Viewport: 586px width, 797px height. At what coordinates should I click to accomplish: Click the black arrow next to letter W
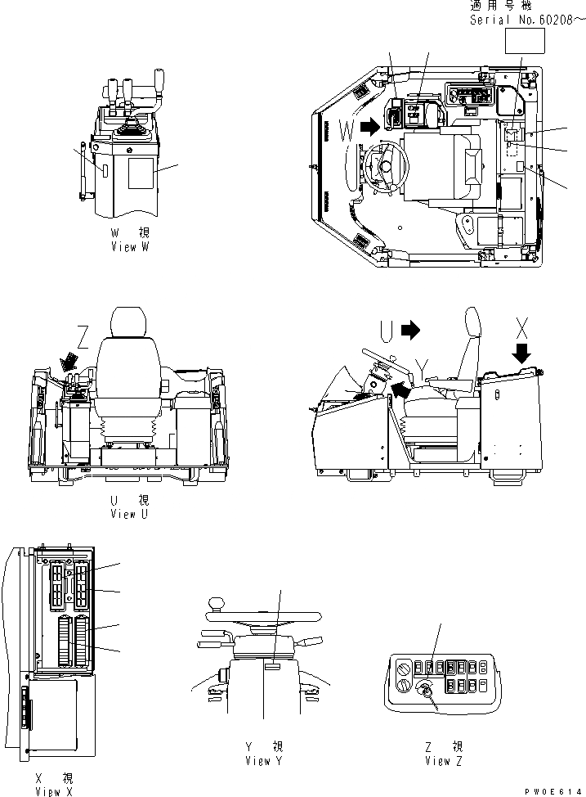pos(370,125)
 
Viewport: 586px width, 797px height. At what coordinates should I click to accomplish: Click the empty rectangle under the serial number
pos(524,39)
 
